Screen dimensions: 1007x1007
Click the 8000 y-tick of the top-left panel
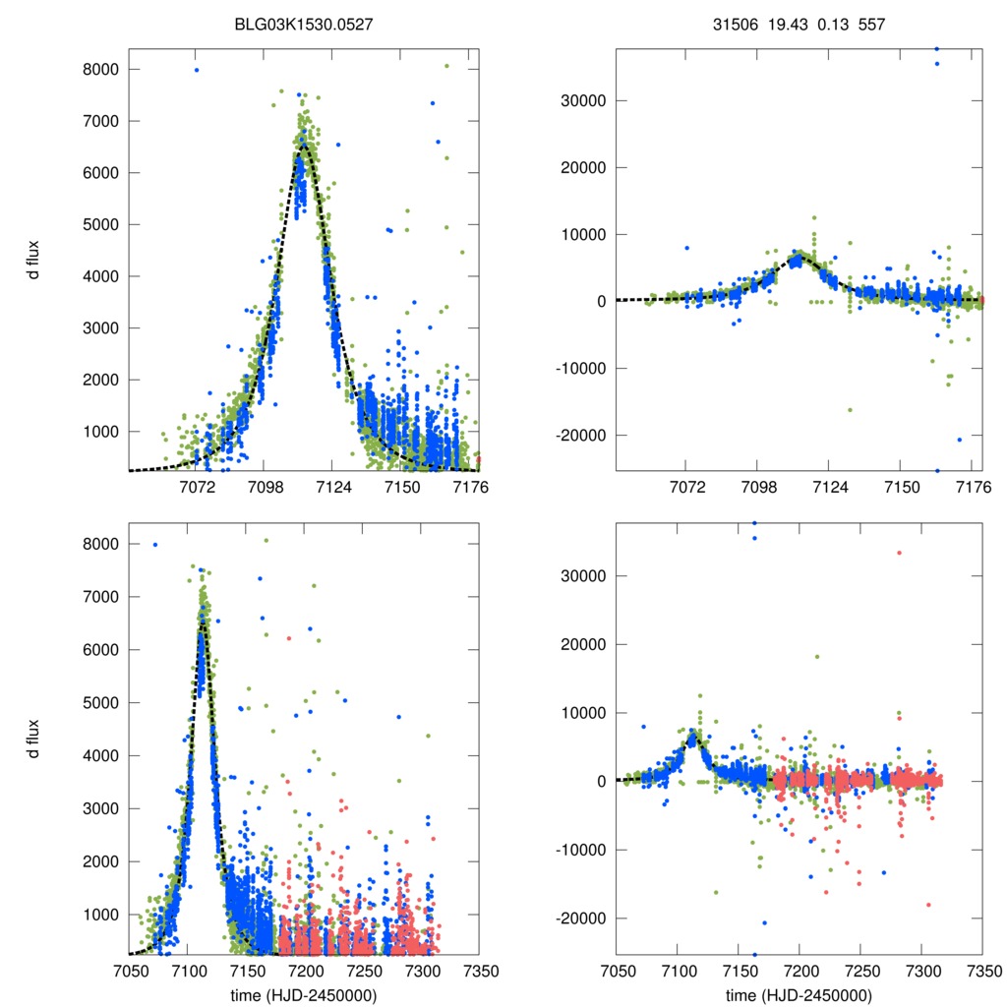pos(103,70)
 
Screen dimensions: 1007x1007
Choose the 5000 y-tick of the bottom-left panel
pos(103,703)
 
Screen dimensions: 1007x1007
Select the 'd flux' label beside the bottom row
pos(34,738)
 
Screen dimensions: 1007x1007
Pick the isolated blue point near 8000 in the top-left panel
pos(197,70)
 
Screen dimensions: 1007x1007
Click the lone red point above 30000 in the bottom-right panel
pos(899,553)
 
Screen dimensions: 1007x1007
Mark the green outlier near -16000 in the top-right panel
pos(850,409)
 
